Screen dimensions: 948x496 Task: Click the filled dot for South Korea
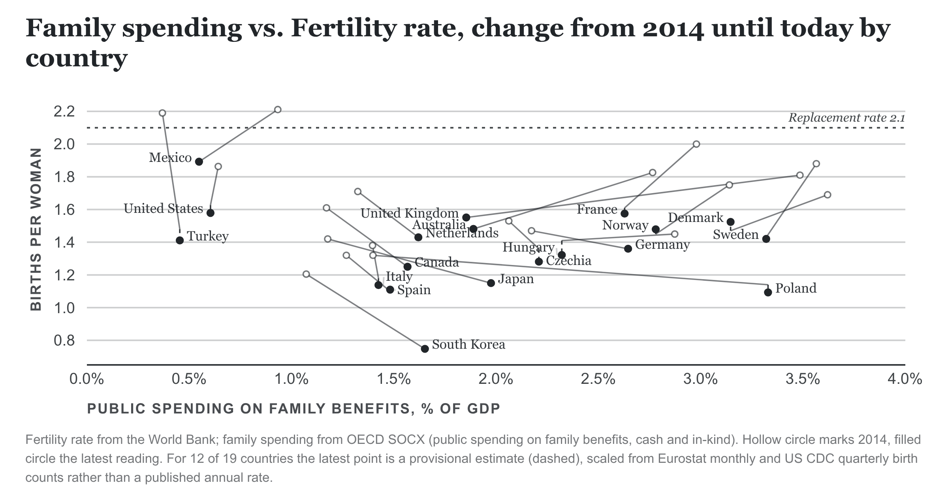click(425, 349)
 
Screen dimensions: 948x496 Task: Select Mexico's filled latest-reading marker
click(199, 162)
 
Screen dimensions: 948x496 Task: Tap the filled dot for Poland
click(768, 292)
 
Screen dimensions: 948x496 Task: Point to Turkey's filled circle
click(180, 240)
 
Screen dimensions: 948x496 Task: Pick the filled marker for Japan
click(491, 283)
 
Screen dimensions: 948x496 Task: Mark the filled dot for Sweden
click(766, 239)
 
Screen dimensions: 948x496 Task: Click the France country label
click(597, 209)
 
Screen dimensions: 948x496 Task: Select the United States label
click(163, 209)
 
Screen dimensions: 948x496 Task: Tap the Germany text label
click(662, 245)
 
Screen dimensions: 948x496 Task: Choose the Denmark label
click(696, 218)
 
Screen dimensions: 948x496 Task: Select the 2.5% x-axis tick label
click(598, 380)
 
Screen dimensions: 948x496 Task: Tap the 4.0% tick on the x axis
click(905, 380)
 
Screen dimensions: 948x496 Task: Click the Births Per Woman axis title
click(36, 229)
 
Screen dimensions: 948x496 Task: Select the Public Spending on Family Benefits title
click(293, 409)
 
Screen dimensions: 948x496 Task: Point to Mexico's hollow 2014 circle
click(278, 109)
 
